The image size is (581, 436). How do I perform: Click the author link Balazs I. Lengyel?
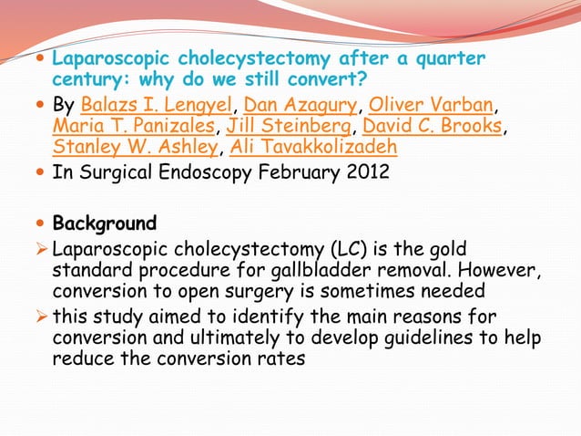pyautogui.click(x=157, y=102)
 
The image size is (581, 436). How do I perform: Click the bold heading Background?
pyautogui.click(x=104, y=223)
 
